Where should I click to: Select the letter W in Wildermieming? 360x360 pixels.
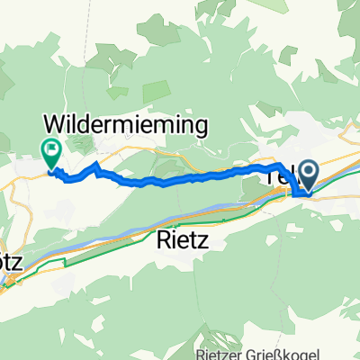[x=55, y=123]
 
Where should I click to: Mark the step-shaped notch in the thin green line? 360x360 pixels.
[x=65, y=263]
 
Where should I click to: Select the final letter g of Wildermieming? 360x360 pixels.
[x=203, y=125]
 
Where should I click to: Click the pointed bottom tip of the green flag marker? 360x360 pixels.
[x=50, y=167]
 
